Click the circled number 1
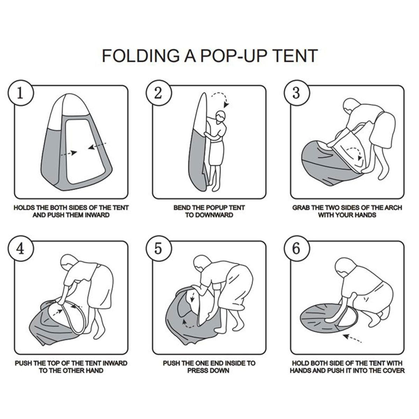[x=21, y=94]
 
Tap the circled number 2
[x=158, y=94]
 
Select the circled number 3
[x=296, y=94]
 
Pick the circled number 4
[x=21, y=249]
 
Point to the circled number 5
[x=158, y=249]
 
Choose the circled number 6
[x=296, y=249]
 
